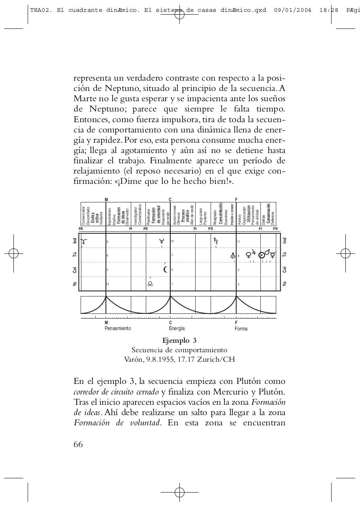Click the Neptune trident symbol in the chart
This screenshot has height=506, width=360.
(x=162, y=241)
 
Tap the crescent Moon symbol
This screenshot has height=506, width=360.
(x=166, y=270)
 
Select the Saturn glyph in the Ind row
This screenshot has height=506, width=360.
(x=216, y=240)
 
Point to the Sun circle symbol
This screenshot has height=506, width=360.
(x=261, y=255)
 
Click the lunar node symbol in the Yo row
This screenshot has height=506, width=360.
(x=150, y=283)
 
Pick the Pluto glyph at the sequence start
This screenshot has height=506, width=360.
(x=83, y=241)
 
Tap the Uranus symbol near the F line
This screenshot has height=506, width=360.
(x=233, y=256)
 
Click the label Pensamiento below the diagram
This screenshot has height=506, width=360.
(x=118, y=329)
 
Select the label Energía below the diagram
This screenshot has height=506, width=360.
(x=177, y=329)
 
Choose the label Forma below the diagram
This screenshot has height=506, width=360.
(x=241, y=329)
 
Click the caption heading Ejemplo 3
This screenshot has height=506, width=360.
(x=179, y=340)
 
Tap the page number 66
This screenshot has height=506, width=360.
(x=78, y=444)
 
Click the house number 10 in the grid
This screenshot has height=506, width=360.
(x=172, y=241)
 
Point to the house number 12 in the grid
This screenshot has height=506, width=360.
(x=107, y=284)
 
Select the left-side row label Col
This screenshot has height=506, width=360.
(x=75, y=270)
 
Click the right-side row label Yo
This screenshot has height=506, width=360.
(x=284, y=284)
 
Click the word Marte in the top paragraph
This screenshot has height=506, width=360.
(x=85, y=98)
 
